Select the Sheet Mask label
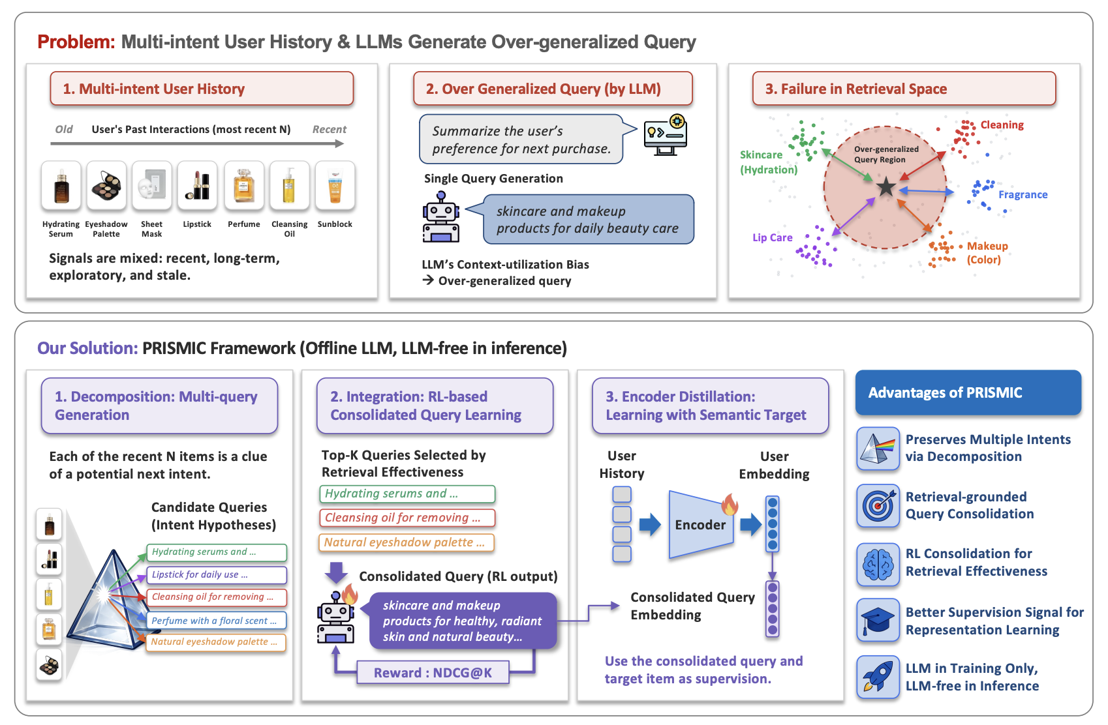point(151,229)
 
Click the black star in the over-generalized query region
point(886,187)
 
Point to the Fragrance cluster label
point(1023,195)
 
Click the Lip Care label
point(772,238)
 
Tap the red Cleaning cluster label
point(1002,125)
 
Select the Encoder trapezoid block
point(700,525)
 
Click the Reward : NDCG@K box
point(433,673)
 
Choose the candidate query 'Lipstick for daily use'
point(216,575)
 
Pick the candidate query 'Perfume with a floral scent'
point(216,621)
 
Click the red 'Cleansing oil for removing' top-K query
point(407,518)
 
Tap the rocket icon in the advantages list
point(878,677)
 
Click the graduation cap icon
point(878,620)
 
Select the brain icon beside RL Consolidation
point(878,564)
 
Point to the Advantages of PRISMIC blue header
point(968,393)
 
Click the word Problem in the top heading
point(76,42)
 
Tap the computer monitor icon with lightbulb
point(666,135)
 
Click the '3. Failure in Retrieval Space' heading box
point(904,89)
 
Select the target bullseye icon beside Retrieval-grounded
point(878,505)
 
